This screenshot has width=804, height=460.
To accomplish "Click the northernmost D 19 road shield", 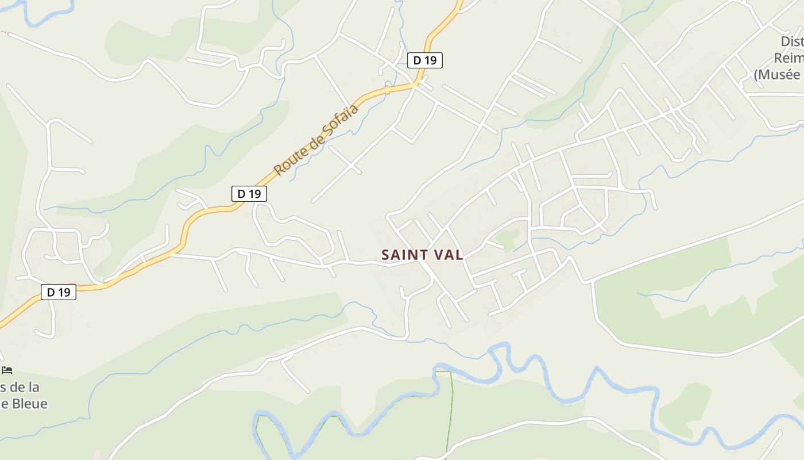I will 425,60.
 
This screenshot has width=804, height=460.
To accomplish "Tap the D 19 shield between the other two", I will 249,194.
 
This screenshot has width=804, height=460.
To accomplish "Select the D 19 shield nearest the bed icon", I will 59,292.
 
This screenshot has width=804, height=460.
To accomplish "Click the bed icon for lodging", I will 7,370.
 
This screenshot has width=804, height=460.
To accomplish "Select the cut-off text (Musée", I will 778,74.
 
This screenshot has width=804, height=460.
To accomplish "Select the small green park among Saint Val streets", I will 508,236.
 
